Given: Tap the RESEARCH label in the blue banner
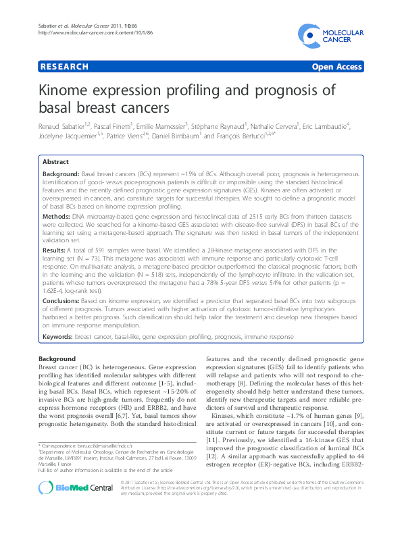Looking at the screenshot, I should (x=64, y=67).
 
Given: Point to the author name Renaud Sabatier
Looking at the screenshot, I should (x=64, y=126).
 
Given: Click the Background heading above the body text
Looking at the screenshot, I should (x=57, y=358).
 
